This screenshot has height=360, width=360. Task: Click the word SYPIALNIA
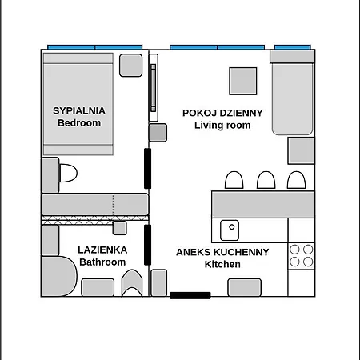coord(79,110)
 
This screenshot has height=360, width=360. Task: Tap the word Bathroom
coord(102,262)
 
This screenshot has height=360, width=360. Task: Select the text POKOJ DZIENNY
coord(222,113)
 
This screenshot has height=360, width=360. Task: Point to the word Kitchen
coord(222,264)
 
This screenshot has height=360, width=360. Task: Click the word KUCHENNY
coord(242,252)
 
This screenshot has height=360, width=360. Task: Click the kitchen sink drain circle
coord(232,227)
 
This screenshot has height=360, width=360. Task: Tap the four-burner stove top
coord(302,256)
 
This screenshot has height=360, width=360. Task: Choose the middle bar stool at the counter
coord(266,180)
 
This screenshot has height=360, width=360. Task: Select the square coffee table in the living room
coord(243,81)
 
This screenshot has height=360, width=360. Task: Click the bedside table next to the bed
coord(130,66)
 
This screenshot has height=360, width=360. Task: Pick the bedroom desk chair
coord(68,173)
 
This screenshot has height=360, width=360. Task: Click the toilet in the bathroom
coord(132,282)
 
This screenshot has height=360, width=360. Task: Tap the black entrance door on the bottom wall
coord(190,295)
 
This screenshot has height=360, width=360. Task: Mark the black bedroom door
coord(147,169)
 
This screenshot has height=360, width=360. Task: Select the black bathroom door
coord(147,245)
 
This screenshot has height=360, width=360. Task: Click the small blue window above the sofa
coord(293,47)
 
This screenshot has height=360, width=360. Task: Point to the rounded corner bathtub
coord(59,276)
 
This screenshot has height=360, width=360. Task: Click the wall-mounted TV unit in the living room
coord(154,88)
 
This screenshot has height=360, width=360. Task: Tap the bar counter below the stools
coord(263,204)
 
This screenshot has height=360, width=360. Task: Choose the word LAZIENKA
coord(102,250)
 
